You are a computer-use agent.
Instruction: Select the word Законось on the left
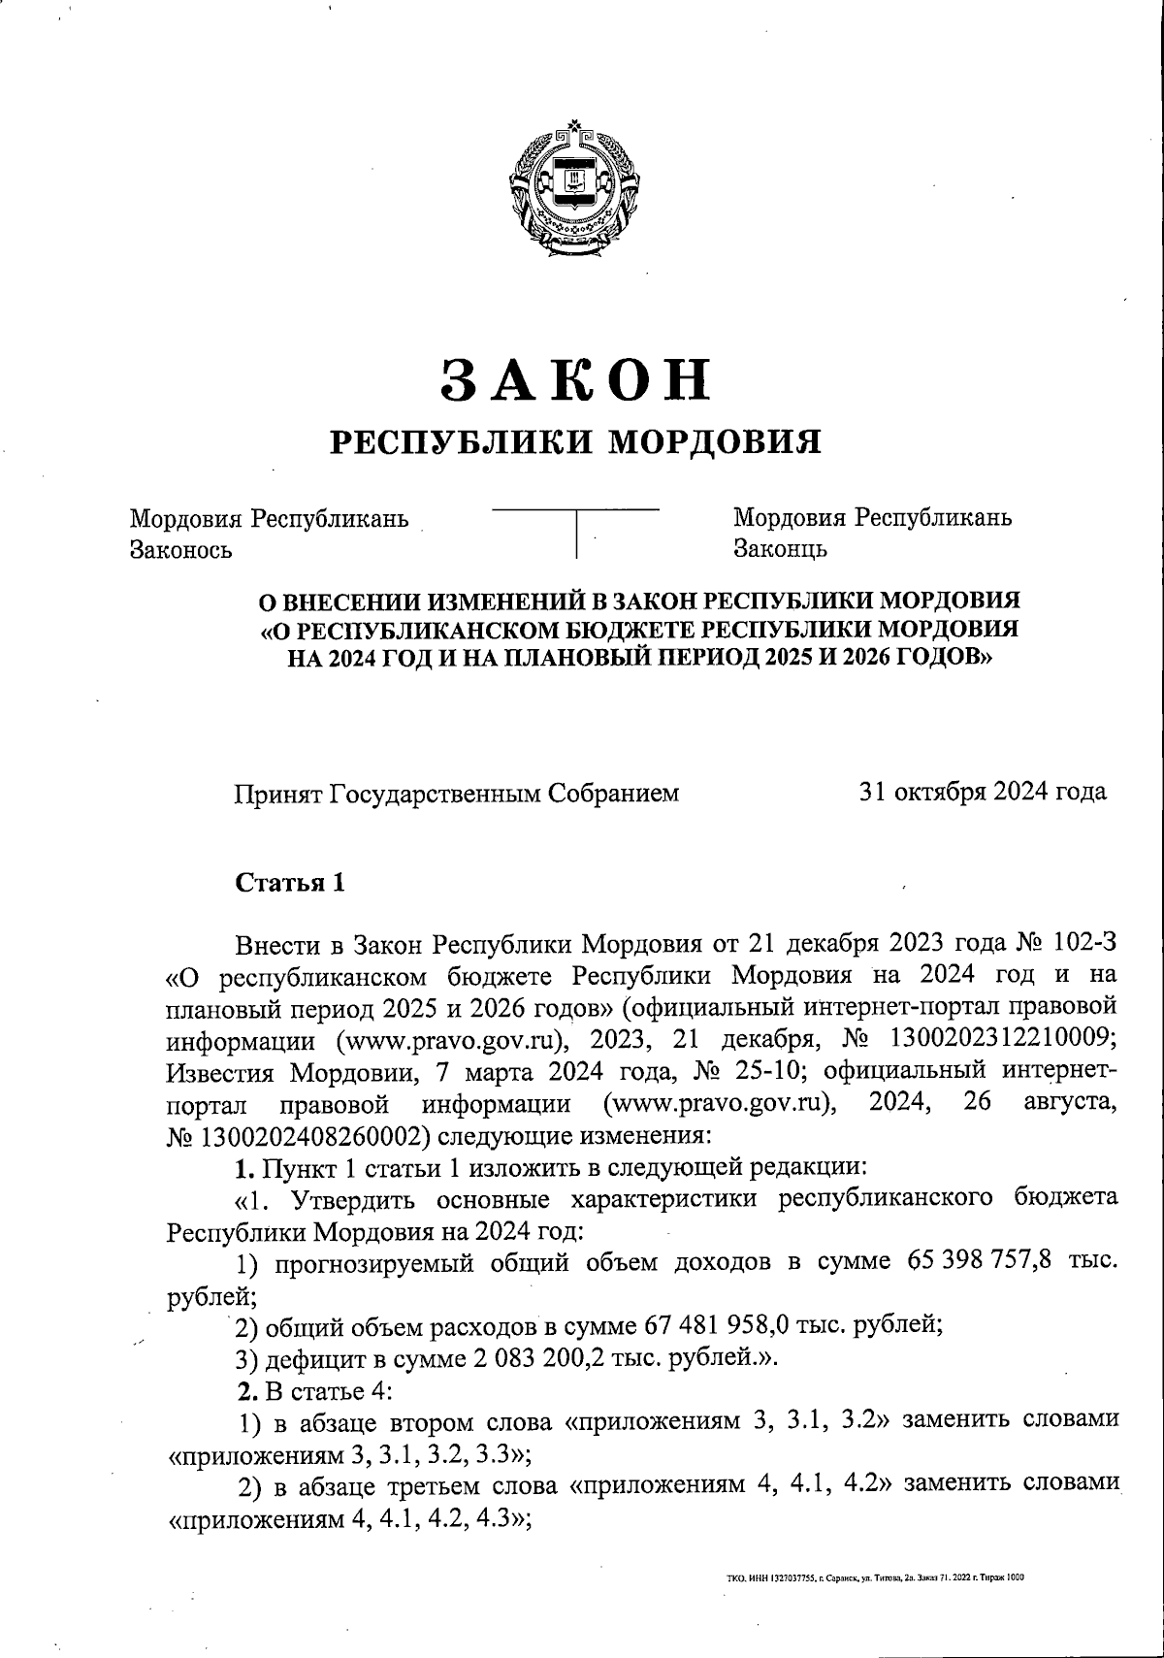pyautogui.click(x=180, y=550)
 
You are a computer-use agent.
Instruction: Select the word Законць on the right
pyautogui.click(x=780, y=550)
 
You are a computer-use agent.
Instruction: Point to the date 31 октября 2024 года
pyautogui.click(x=983, y=793)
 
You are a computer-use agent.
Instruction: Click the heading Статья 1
pyautogui.click(x=289, y=883)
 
